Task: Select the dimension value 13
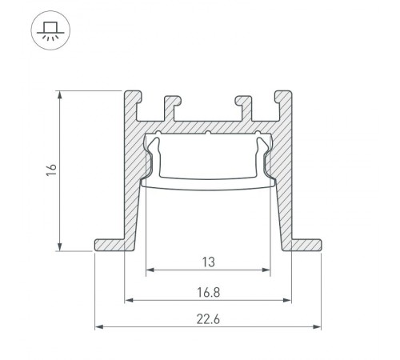[x=208, y=260]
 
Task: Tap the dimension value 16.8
[x=208, y=292]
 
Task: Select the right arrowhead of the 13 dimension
[x=266, y=270]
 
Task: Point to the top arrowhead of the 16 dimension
[x=60, y=94]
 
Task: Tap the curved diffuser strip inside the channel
[x=208, y=183]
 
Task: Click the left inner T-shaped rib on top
[x=169, y=104]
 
